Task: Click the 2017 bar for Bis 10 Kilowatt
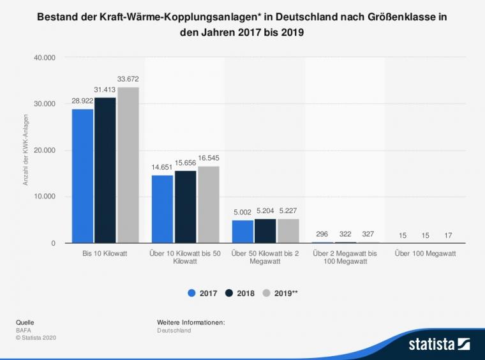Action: (x=82, y=176)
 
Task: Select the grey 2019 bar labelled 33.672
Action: (x=128, y=165)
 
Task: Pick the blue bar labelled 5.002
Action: (x=242, y=232)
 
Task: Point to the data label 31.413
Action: (x=105, y=90)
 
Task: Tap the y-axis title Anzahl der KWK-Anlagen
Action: (x=26, y=150)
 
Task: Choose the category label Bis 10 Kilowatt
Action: (x=105, y=253)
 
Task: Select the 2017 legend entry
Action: (x=202, y=294)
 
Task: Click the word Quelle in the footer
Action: (x=25, y=322)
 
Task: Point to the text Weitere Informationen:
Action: (x=191, y=322)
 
